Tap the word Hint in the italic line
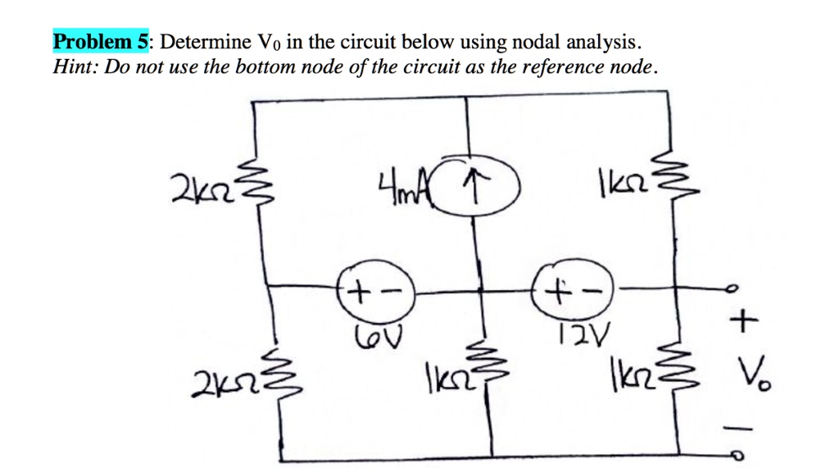[x=71, y=66]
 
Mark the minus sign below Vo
[x=741, y=425]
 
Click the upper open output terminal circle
[x=736, y=288]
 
